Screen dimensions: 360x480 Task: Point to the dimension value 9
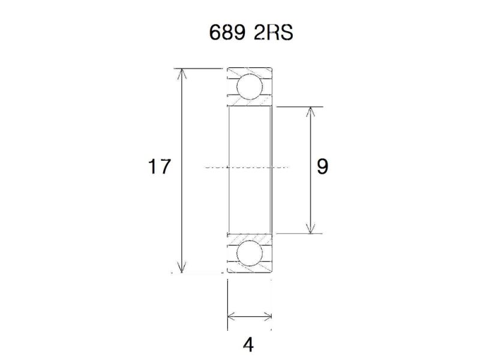pos(322,166)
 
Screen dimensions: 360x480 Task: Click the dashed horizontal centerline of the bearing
pos(216,167)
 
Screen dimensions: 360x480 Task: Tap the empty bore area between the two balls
pos(250,144)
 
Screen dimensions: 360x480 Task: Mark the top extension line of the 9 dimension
pos(300,107)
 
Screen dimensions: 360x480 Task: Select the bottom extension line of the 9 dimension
pos(300,233)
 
